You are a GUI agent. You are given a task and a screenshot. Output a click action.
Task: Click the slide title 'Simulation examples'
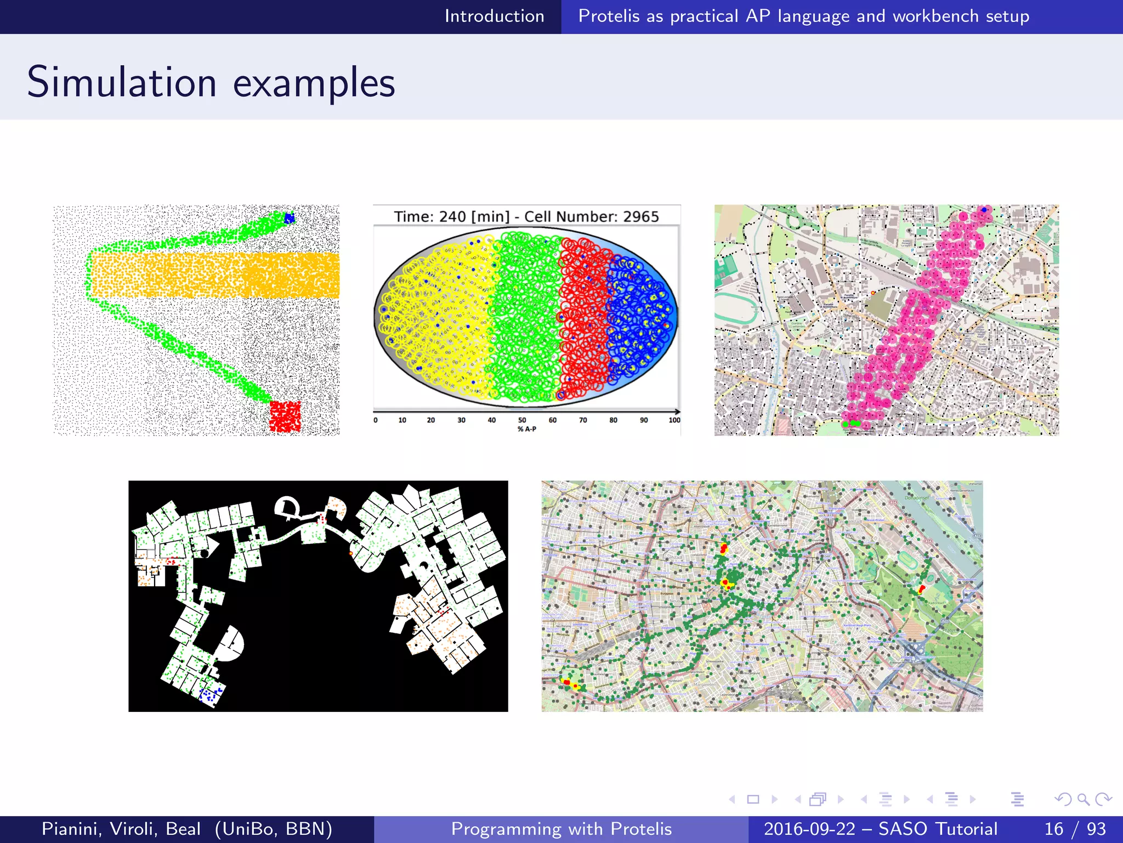[211, 82]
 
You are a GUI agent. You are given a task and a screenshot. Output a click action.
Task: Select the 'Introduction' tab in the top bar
[494, 16]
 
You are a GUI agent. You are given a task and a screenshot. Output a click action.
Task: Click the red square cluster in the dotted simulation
[285, 416]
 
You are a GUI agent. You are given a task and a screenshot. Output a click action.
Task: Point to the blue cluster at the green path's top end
[289, 218]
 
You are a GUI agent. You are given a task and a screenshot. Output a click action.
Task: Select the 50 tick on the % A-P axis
[522, 420]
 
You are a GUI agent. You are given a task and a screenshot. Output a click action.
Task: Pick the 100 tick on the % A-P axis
[674, 420]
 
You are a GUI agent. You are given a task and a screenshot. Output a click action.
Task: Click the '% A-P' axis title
[526, 429]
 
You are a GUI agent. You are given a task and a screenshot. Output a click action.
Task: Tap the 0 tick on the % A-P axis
[376, 420]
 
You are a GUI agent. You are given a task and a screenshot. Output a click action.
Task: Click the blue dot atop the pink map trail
[984, 210]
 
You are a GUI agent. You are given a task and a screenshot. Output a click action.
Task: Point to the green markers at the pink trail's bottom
[852, 424]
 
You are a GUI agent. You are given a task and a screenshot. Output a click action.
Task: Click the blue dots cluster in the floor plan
[211, 694]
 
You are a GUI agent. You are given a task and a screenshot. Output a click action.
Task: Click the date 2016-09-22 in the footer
[809, 829]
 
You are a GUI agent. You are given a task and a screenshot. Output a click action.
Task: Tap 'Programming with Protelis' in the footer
[561, 829]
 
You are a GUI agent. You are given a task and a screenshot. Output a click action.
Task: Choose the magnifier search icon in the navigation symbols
[1083, 799]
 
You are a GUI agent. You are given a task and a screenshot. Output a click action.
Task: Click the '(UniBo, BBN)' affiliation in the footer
[273, 829]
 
